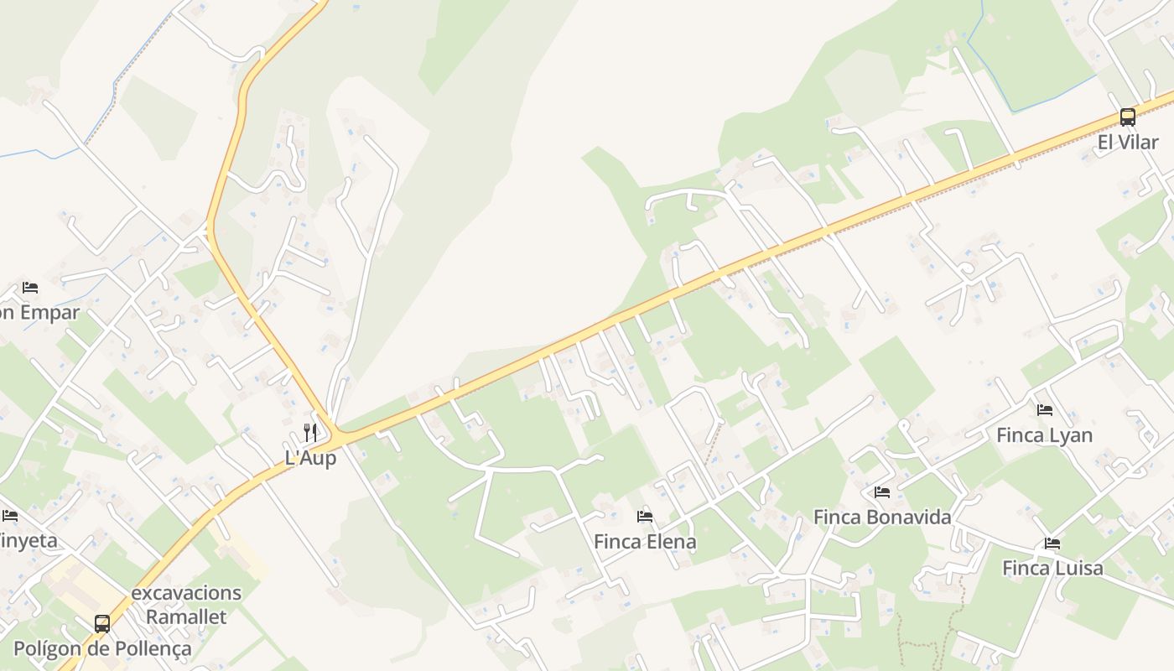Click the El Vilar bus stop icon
coord(1127,117)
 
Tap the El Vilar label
coord(1127,143)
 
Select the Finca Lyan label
coord(1044,435)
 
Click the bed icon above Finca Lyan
coord(1044,410)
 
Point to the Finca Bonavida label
coord(882,517)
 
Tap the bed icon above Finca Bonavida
coord(881,492)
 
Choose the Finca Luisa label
coord(1052,569)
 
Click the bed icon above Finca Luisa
coord(1052,544)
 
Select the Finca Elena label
coord(644,542)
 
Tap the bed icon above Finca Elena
coord(644,517)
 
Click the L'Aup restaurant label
coord(310,458)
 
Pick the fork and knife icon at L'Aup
coord(310,433)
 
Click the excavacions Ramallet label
coord(186,605)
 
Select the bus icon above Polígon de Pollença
coord(102,624)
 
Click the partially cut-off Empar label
coord(39,313)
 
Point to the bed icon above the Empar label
coord(30,288)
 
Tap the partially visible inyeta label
coord(29,540)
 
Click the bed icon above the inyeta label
coord(9,515)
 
